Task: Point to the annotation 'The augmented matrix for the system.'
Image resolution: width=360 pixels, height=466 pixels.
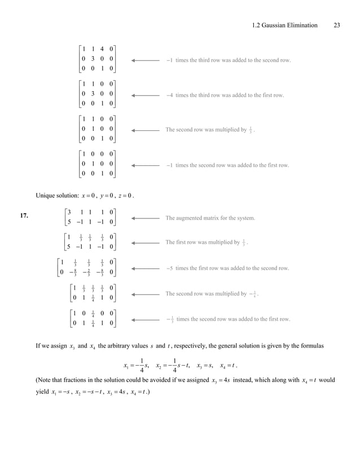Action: pos(210,218)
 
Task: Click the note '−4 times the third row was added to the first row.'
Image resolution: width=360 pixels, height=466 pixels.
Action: pos(225,95)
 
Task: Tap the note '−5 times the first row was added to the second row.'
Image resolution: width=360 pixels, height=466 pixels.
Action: pos(227,268)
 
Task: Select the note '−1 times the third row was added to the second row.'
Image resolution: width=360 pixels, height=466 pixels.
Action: pos(228,60)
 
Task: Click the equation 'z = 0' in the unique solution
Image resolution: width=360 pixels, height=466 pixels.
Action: pos(124,196)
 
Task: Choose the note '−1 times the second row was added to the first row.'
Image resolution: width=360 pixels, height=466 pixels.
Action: pos(227,165)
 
